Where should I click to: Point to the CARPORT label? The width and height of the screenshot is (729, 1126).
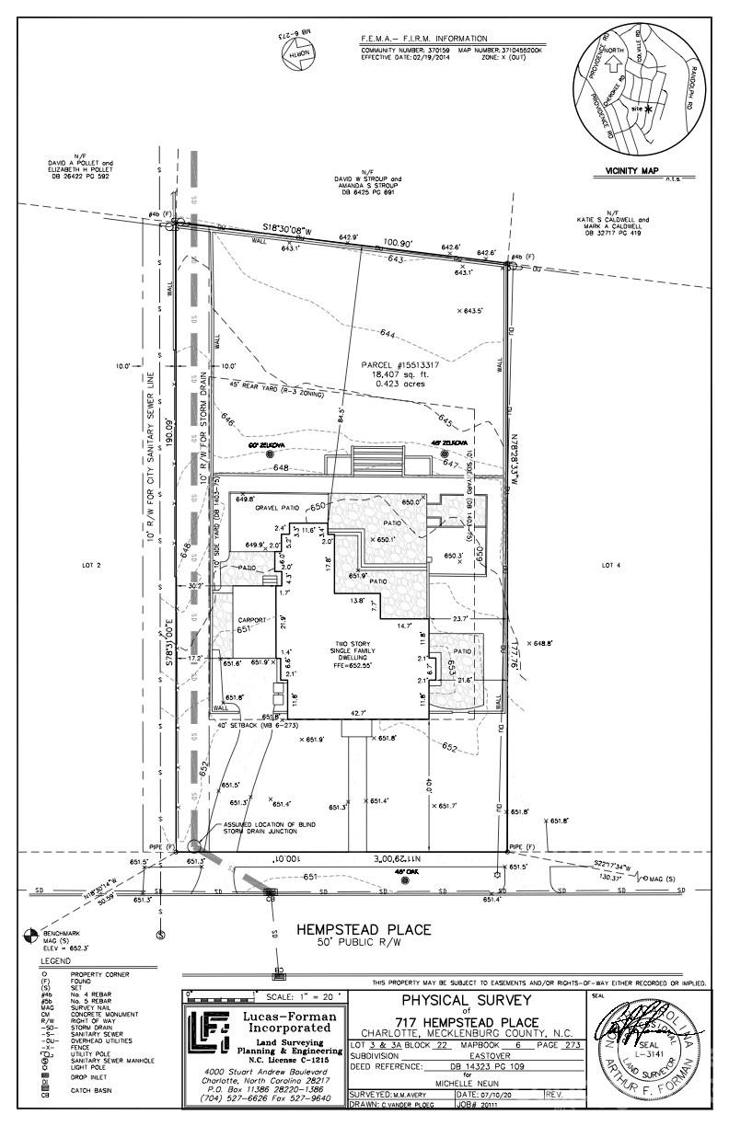(244, 620)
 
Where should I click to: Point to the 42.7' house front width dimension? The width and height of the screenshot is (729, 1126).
(355, 712)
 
